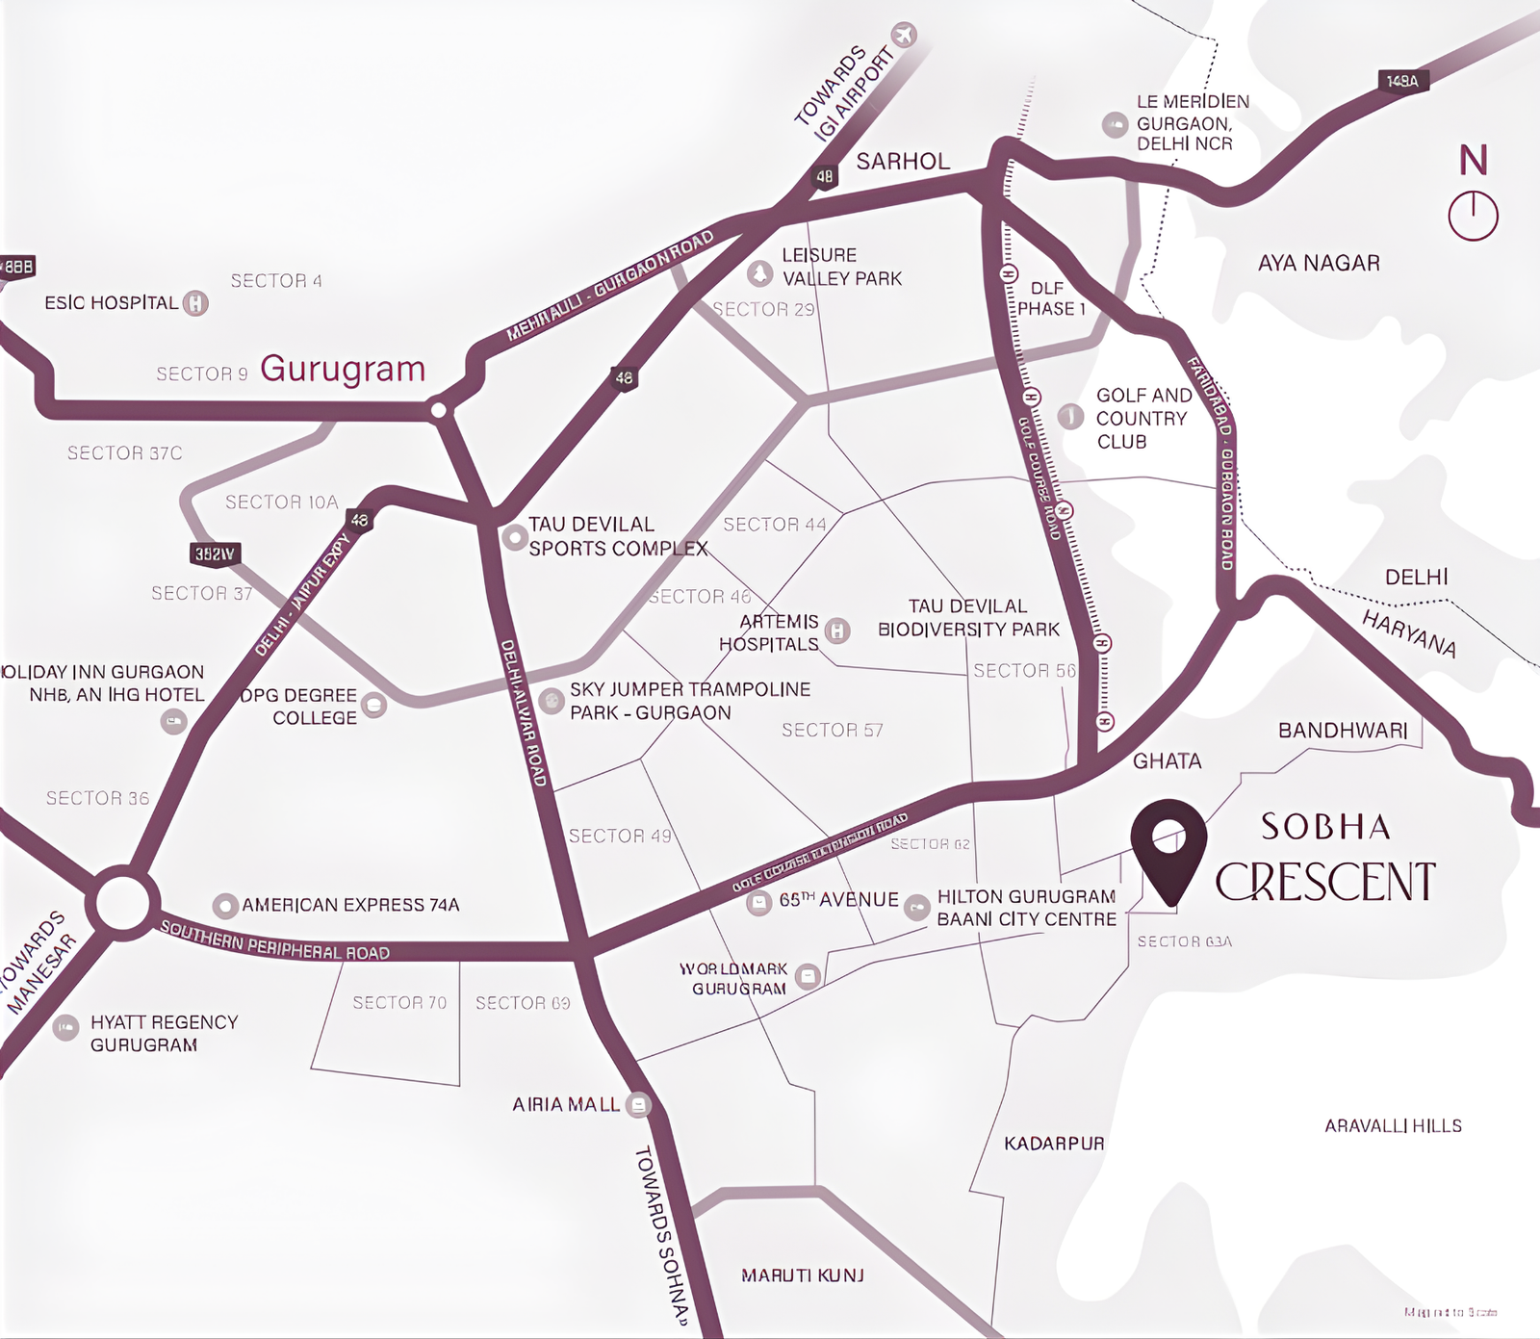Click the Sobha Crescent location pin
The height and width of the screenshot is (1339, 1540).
pyautogui.click(x=1168, y=848)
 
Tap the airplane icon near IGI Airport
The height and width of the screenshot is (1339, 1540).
pyautogui.click(x=904, y=36)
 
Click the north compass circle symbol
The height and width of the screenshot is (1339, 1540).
pyautogui.click(x=1473, y=215)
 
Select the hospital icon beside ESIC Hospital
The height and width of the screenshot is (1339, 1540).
pyautogui.click(x=195, y=303)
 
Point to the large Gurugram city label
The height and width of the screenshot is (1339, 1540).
pyautogui.click(x=343, y=369)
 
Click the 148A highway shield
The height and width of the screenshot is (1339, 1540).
pyautogui.click(x=1402, y=81)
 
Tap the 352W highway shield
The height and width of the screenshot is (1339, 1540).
pyautogui.click(x=214, y=554)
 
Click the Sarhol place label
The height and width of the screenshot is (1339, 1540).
pyautogui.click(x=903, y=162)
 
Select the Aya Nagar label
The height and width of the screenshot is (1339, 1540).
pyautogui.click(x=1319, y=263)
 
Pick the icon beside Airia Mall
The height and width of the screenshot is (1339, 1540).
pyautogui.click(x=638, y=1104)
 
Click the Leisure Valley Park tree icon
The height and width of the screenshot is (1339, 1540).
pyautogui.click(x=760, y=273)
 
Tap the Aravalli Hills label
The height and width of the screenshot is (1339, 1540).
pyautogui.click(x=1393, y=1125)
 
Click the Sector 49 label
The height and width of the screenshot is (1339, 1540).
pyautogui.click(x=620, y=836)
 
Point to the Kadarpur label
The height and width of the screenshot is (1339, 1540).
pyautogui.click(x=1054, y=1144)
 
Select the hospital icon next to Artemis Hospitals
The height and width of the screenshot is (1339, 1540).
pyautogui.click(x=837, y=631)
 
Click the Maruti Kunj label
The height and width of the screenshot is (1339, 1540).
pyautogui.click(x=803, y=1275)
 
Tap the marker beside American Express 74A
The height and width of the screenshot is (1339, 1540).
pyautogui.click(x=225, y=905)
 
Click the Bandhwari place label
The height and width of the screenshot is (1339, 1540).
pyautogui.click(x=1343, y=731)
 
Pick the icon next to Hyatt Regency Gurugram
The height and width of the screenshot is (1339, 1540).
pyautogui.click(x=65, y=1028)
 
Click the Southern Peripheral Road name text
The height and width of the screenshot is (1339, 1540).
pyautogui.click(x=274, y=941)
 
